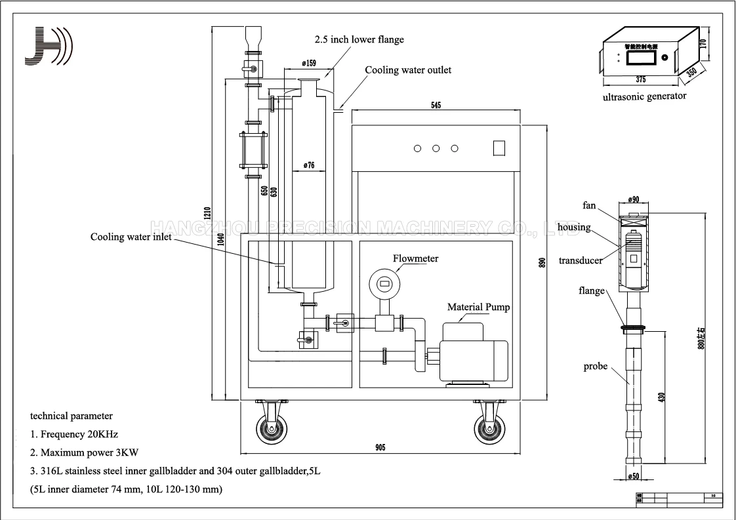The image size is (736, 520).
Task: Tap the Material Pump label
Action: [x=478, y=307]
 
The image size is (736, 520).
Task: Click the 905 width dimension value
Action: [x=380, y=447]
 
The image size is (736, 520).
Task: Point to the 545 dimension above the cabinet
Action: [x=436, y=104]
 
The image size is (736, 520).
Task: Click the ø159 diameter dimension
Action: [x=310, y=63]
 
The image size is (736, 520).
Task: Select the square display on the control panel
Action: [x=499, y=148]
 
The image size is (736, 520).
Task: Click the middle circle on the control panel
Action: [x=436, y=148]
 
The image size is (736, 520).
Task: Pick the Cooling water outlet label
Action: [x=408, y=70]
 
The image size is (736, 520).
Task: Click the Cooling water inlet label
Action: [x=131, y=237]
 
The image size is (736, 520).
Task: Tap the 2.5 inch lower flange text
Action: [x=359, y=39]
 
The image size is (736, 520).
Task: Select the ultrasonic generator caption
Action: [x=644, y=96]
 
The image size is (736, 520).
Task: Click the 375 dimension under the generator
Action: [x=640, y=79]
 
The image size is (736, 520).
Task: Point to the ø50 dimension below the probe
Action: [x=634, y=476]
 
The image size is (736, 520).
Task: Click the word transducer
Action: [x=581, y=260]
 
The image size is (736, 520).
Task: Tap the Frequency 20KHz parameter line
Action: [x=74, y=434]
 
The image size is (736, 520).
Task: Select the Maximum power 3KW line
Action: [x=85, y=452]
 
